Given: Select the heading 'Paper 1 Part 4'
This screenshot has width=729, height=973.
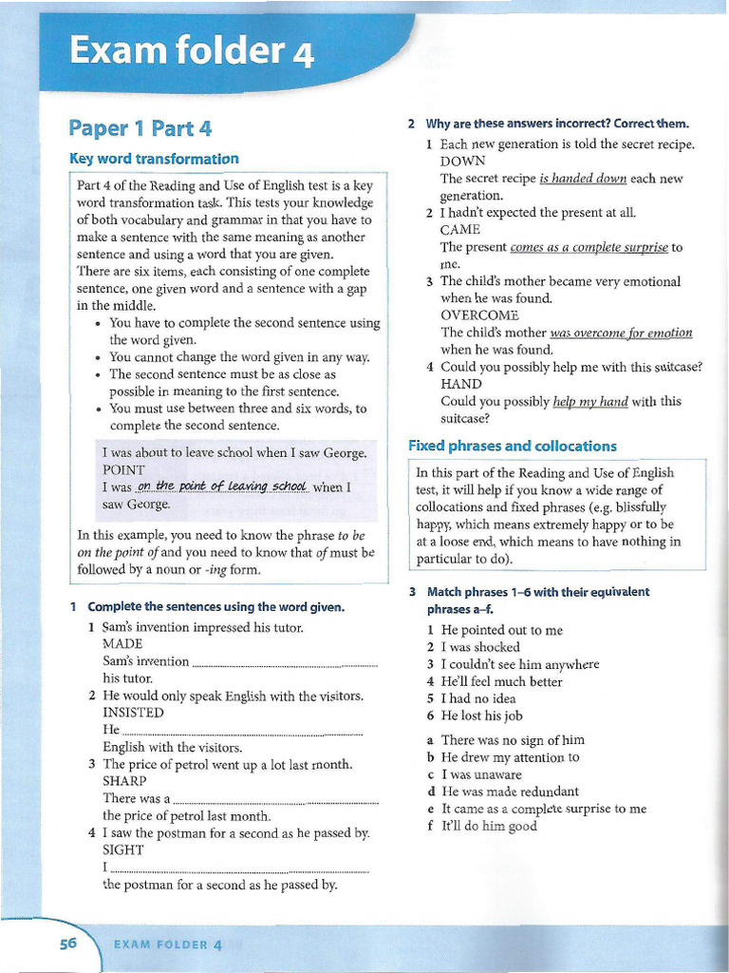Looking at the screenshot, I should click(140, 128).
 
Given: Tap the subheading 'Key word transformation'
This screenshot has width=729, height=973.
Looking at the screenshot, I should click(154, 159).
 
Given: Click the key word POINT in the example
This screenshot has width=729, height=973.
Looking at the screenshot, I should click(123, 470).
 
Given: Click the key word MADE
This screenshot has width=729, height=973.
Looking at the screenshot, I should click(122, 644).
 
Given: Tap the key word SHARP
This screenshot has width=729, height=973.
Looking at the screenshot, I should click(124, 782).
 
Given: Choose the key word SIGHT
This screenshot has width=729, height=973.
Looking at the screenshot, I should click(123, 850).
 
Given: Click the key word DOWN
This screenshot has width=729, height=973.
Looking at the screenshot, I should click(463, 162).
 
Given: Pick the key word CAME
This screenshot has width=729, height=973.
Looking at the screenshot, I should click(460, 230).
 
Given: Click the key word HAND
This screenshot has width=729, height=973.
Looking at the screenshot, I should click(461, 384).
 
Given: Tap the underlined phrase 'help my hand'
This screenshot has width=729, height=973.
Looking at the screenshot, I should click(590, 401).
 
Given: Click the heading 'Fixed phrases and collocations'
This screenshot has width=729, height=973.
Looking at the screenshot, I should click(512, 446).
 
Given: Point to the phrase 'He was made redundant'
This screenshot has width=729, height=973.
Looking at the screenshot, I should click(510, 792).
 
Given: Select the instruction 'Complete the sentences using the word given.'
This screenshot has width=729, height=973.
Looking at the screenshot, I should click(215, 606).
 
